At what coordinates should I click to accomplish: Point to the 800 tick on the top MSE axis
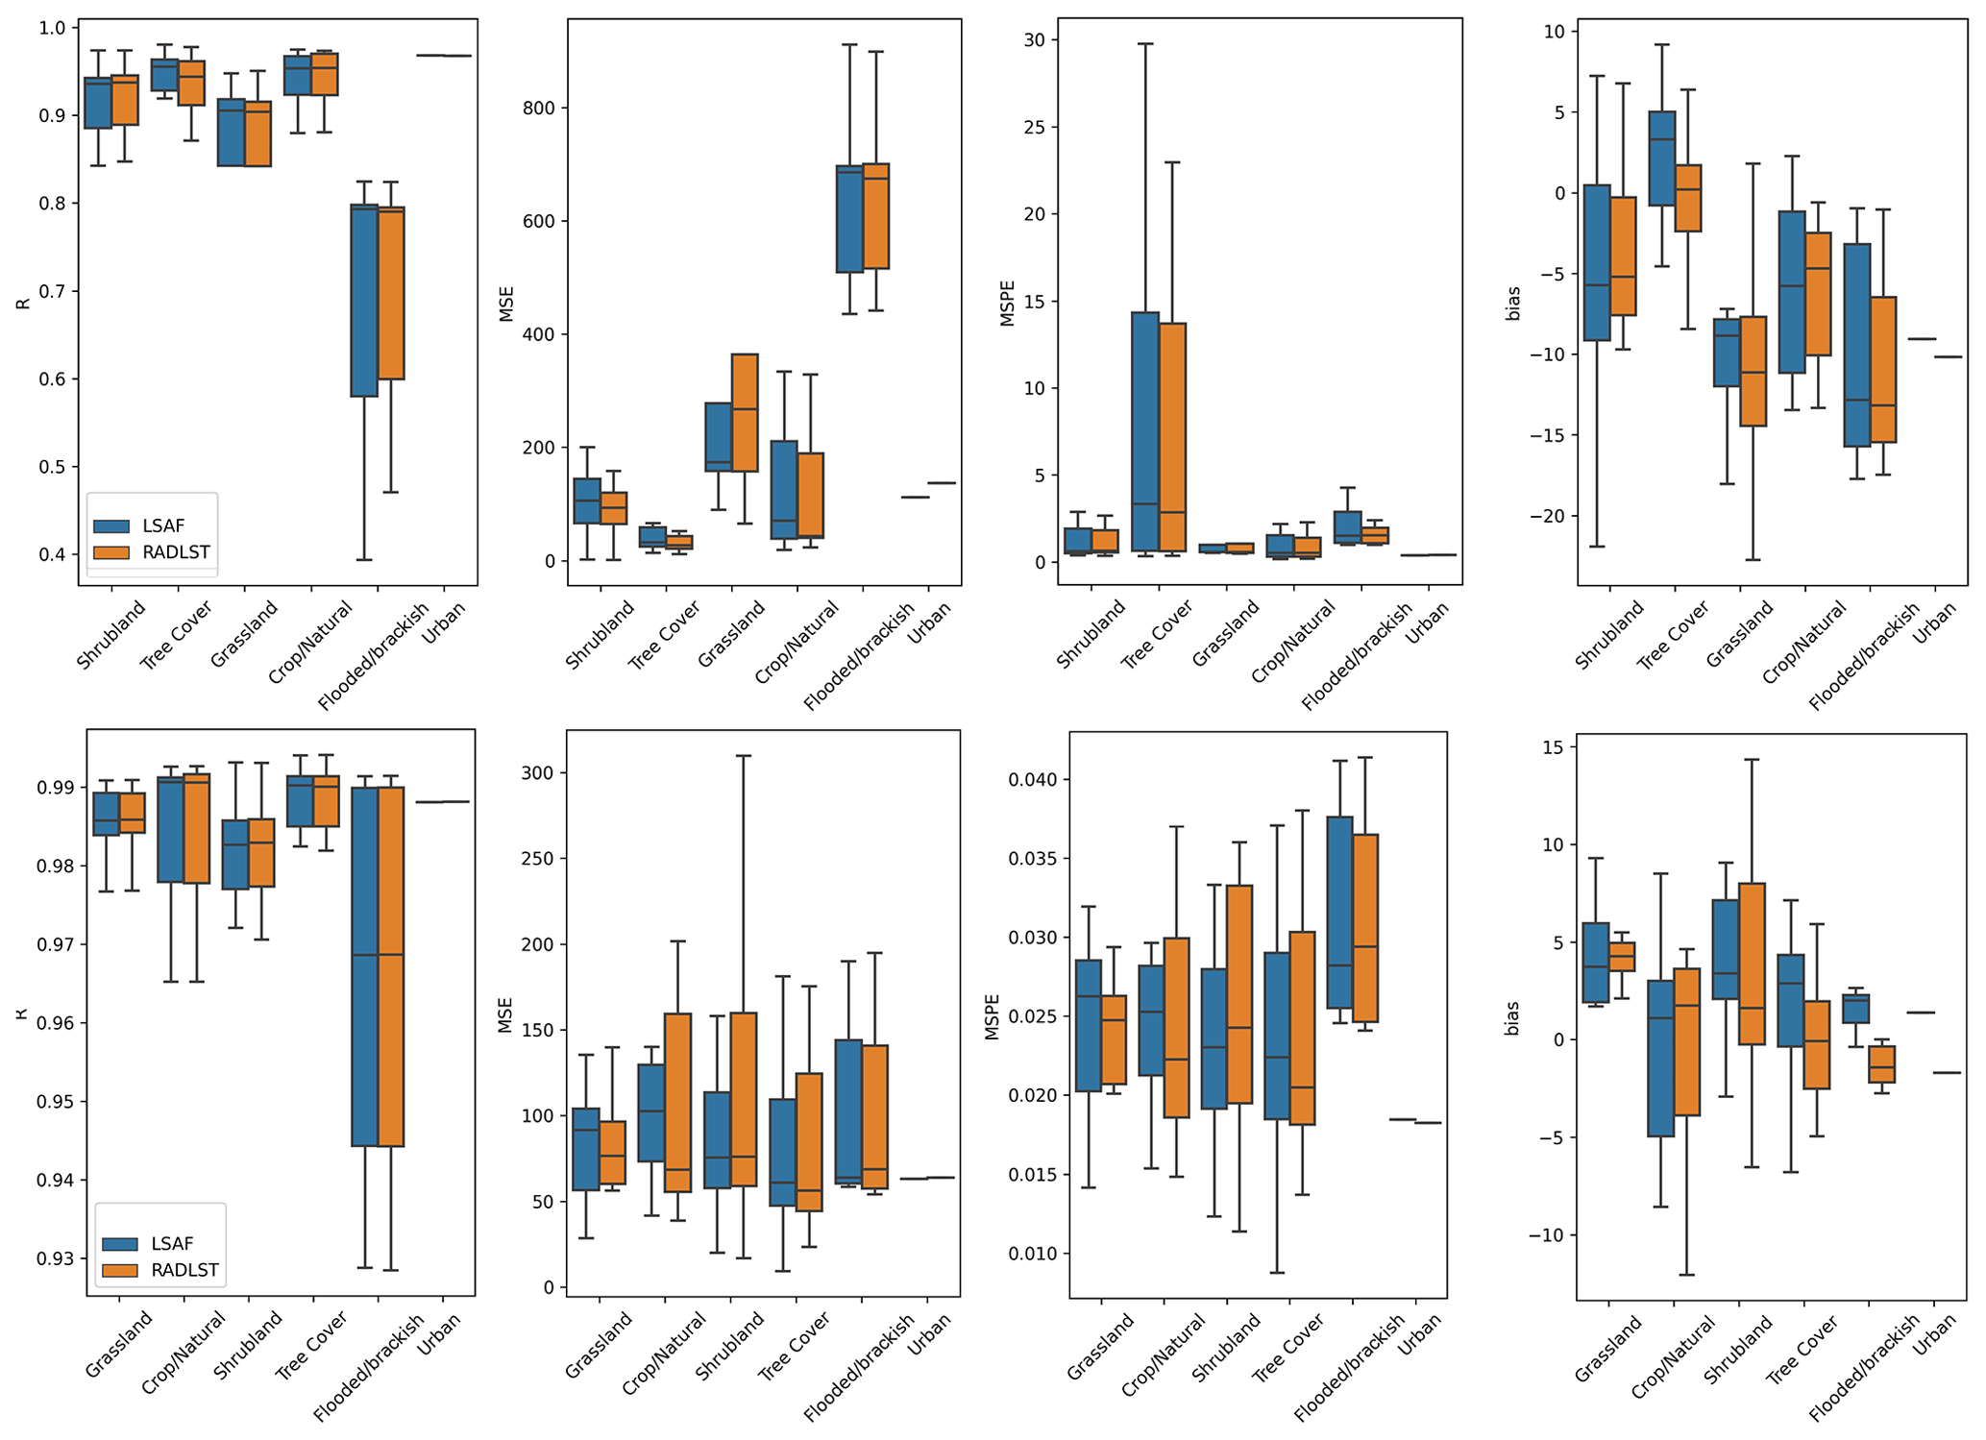point(539,109)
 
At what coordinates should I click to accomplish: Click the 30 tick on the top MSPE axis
point(1034,40)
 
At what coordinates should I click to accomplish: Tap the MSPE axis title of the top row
point(1008,304)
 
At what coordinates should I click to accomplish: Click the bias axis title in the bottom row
point(1512,1018)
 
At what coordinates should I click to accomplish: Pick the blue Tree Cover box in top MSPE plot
point(1145,431)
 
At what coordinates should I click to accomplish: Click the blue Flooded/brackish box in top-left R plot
point(364,301)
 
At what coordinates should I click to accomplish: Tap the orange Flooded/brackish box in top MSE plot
point(875,216)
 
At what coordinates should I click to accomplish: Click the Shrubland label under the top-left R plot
point(110,635)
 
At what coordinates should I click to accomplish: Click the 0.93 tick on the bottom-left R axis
point(56,1258)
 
